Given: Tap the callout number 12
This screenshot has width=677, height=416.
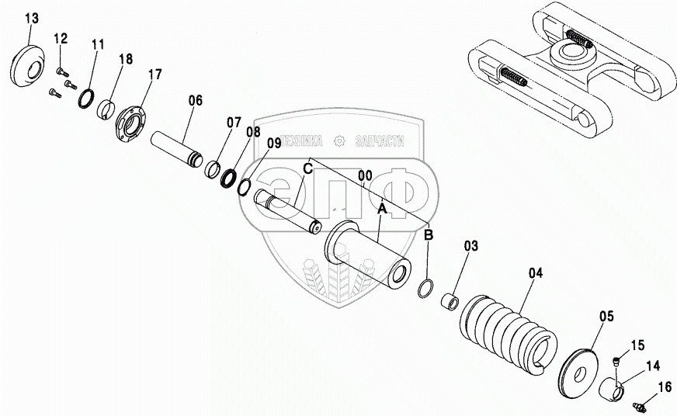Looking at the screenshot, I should click(61, 38).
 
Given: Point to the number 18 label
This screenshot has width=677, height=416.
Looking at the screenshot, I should click(125, 60).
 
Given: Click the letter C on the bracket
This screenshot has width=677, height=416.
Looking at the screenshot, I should click(307, 168).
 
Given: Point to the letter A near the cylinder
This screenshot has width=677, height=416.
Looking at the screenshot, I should click(381, 208).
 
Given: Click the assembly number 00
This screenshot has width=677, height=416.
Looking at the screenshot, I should click(366, 176).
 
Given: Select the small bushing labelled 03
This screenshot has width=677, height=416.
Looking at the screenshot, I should click(449, 300).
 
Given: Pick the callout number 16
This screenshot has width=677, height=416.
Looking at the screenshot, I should click(665, 386).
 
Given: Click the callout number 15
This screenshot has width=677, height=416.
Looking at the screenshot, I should click(637, 345).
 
